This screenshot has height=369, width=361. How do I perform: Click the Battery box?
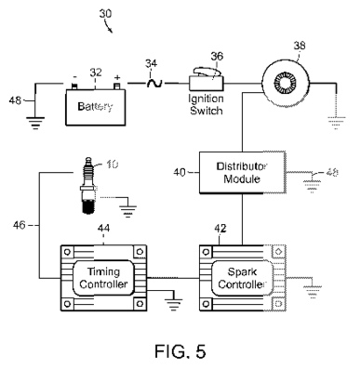click(x=96, y=107)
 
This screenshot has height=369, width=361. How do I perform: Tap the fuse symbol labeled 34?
click(x=154, y=83)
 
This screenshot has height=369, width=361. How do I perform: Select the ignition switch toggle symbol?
click(x=207, y=80)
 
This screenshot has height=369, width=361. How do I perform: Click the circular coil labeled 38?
click(x=286, y=84)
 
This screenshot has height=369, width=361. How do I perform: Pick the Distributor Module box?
click(x=242, y=173)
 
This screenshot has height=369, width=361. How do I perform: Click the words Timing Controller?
click(x=103, y=278)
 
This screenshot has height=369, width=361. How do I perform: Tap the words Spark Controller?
click(x=242, y=278)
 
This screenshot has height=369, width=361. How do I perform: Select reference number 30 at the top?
click(x=105, y=14)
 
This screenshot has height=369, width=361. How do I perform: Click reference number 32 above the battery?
click(x=96, y=72)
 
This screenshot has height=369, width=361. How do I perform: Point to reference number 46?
click(x=19, y=225)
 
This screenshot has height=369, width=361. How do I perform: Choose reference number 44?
click(x=103, y=229)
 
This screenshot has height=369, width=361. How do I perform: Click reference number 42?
click(x=221, y=229)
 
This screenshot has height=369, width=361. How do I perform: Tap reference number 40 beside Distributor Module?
click(x=180, y=172)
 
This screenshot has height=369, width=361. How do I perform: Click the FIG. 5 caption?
click(x=180, y=351)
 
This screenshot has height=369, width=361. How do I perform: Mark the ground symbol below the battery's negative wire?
click(x=35, y=123)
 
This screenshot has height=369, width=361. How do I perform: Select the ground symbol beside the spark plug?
click(x=127, y=211)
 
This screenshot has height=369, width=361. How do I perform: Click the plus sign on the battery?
click(x=117, y=77)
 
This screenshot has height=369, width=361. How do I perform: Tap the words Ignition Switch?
click(x=207, y=105)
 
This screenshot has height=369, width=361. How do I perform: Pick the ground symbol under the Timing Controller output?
click(x=173, y=305)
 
